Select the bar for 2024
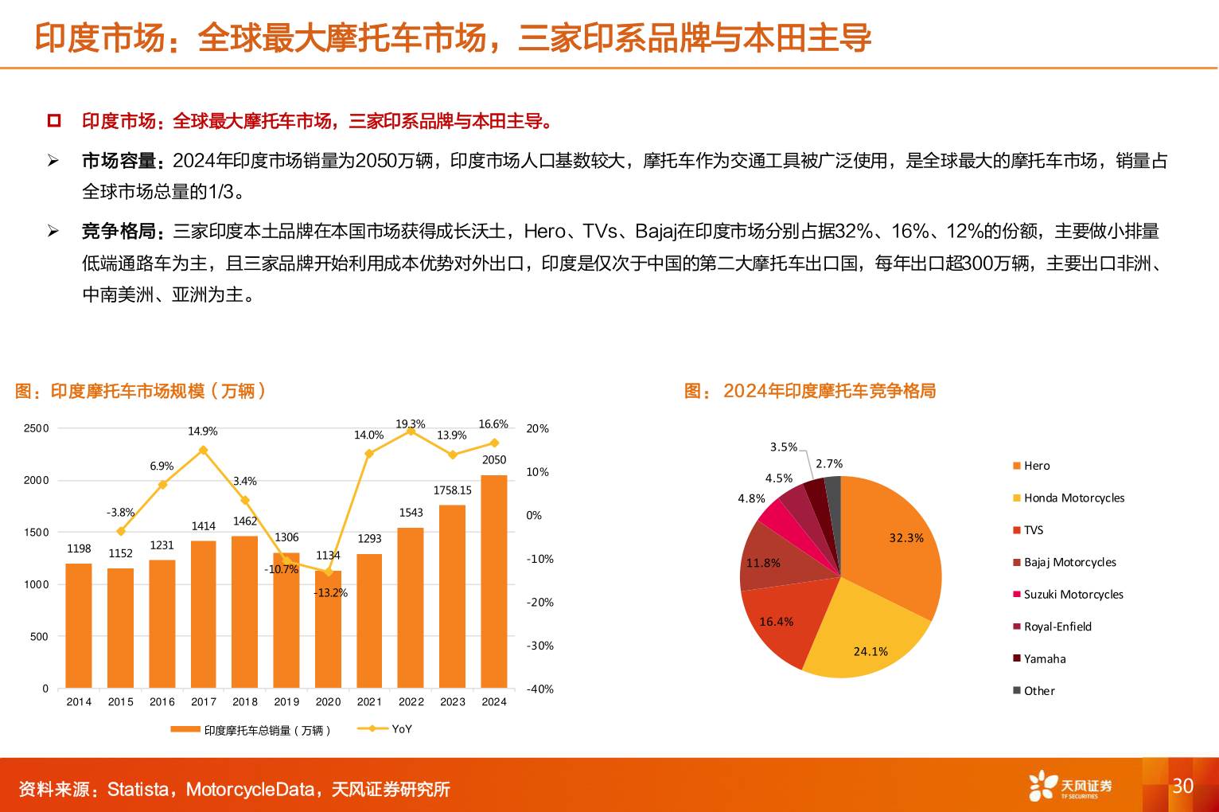point(493,581)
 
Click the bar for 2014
point(79,626)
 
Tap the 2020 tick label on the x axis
point(328,701)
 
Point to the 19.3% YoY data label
point(411,424)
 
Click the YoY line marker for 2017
point(203,451)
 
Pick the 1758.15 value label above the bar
point(452,490)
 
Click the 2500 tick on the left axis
point(37,428)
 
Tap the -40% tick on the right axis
point(539,689)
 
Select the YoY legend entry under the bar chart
point(386,729)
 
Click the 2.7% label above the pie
point(829,463)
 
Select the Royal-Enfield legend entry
point(1057,627)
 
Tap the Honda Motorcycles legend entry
point(1073,498)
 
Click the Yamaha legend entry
point(1044,658)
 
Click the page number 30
point(1182,786)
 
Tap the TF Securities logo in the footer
point(1069,787)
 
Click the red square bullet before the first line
point(54,121)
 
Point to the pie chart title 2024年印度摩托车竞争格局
point(828,391)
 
